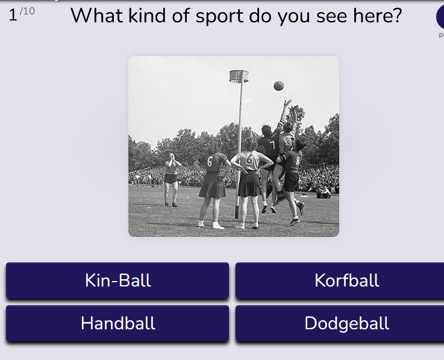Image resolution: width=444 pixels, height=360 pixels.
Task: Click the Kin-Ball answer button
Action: click(x=117, y=280)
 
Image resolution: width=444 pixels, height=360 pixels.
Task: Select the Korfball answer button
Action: click(x=340, y=280)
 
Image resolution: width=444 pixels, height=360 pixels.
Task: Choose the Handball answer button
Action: click(x=117, y=323)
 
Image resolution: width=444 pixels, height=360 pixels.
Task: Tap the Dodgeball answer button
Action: click(x=340, y=323)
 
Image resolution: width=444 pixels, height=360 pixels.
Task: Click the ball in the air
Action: click(x=279, y=86)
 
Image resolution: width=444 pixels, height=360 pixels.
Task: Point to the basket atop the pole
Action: click(x=239, y=76)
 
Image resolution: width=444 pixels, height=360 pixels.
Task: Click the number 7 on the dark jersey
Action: click(x=272, y=145)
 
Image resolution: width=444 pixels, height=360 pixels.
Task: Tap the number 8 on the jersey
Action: click(x=298, y=161)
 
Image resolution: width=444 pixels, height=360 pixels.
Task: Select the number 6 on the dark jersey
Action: click(x=210, y=162)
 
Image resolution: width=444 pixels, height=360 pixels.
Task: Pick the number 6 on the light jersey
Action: click(x=249, y=159)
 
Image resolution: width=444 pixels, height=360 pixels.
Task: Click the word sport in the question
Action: click(x=219, y=16)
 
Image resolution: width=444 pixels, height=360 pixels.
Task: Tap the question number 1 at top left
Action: click(x=13, y=14)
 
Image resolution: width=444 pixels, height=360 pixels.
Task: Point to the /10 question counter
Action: click(x=27, y=11)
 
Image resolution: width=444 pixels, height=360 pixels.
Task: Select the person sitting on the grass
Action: click(x=324, y=192)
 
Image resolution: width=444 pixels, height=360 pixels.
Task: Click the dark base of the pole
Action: click(x=237, y=212)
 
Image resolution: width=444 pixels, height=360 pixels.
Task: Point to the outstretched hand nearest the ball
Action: click(x=288, y=103)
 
